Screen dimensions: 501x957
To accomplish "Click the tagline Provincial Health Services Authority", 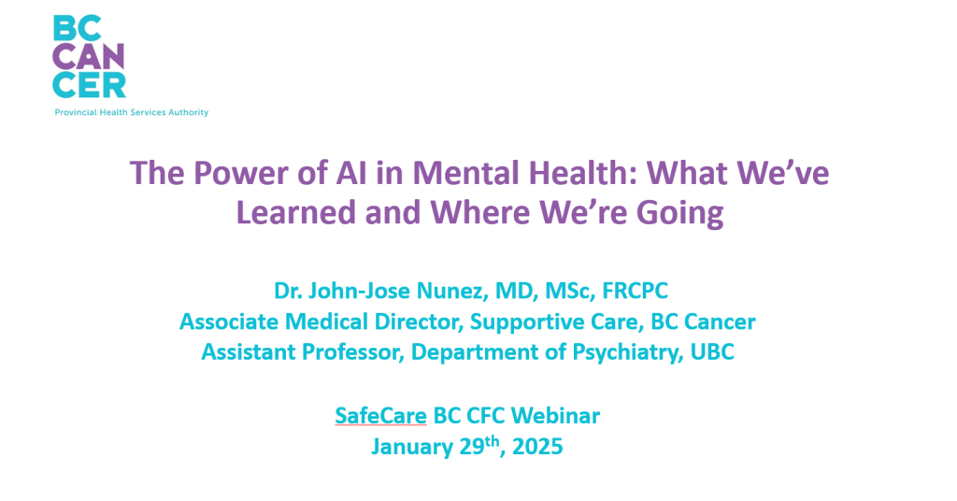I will click(131, 113).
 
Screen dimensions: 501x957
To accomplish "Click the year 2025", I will click(536, 447).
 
